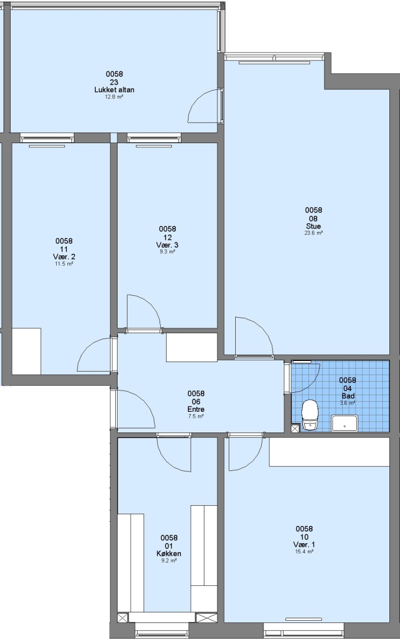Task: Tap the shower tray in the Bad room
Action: tap(344, 423)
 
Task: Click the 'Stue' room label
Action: tap(313, 226)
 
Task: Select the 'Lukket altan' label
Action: tap(115, 90)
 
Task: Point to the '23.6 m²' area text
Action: tap(313, 233)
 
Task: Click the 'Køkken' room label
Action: tap(169, 553)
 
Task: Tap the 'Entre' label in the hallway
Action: tap(196, 409)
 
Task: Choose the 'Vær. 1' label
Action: tap(304, 544)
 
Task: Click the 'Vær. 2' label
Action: tap(64, 257)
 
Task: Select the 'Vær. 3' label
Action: tap(167, 245)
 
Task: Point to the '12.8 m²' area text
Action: tap(115, 97)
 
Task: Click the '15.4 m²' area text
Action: tap(304, 552)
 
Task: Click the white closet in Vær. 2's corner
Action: tap(27, 351)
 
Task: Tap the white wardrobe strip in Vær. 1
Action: tap(329, 452)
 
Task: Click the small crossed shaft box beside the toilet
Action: tap(295, 428)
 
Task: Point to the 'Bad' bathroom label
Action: tap(348, 396)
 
